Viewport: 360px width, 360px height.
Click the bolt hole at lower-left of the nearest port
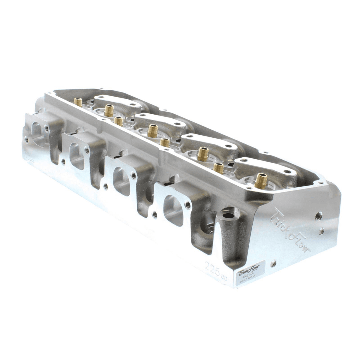154,214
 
